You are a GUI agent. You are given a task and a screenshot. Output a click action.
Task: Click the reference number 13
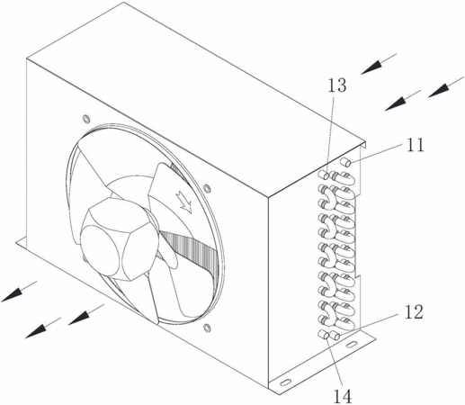(x=337, y=85)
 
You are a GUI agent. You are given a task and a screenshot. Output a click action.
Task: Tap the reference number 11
(x=415, y=145)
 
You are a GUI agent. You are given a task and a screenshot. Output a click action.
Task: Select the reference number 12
(x=414, y=312)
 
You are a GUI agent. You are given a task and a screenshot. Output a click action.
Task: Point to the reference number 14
(x=343, y=397)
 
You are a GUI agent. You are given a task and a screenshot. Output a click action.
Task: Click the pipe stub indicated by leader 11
(x=346, y=163)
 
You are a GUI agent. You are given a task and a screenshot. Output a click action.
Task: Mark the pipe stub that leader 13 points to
(x=324, y=175)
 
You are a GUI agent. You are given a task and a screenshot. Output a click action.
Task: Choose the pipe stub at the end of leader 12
(x=335, y=335)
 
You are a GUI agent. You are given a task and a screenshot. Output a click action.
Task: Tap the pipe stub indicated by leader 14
(x=324, y=334)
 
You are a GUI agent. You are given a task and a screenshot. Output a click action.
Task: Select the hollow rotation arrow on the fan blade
(x=184, y=202)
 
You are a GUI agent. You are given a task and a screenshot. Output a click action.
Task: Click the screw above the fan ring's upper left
(x=86, y=119)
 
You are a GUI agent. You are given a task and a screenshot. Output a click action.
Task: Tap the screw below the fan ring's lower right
(x=207, y=328)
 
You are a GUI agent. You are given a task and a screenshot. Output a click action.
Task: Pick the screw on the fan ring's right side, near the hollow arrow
(x=207, y=189)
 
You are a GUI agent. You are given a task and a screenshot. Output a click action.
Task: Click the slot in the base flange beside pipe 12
(x=352, y=344)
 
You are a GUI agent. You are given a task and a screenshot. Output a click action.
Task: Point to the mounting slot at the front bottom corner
(x=285, y=382)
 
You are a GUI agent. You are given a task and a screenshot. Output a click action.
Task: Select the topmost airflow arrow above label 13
(x=379, y=64)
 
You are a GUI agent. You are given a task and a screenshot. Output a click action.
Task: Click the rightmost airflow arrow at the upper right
(x=446, y=87)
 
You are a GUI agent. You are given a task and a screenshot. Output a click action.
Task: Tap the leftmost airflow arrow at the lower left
(x=19, y=291)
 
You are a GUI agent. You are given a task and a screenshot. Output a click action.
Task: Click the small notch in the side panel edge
(x=357, y=274)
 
